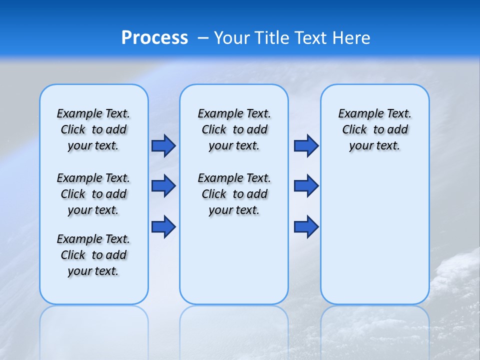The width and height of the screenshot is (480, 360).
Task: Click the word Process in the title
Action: pyautogui.click(x=154, y=38)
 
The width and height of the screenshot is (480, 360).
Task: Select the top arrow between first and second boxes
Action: pyautogui.click(x=163, y=146)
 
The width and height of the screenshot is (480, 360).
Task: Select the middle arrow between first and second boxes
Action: pyautogui.click(x=163, y=186)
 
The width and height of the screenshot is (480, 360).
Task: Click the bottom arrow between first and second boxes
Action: pyautogui.click(x=163, y=226)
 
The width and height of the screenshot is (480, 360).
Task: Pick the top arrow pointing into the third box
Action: pyautogui.click(x=306, y=146)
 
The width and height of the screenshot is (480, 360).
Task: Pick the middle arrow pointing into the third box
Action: pyautogui.click(x=306, y=186)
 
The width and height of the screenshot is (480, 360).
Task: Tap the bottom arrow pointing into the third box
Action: pyautogui.click(x=306, y=226)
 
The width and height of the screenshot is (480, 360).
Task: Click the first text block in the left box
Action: pyautogui.click(x=93, y=129)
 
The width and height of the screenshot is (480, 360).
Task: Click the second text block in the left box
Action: pyautogui.click(x=93, y=194)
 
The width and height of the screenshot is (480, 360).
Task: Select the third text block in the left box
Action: pyautogui.click(x=93, y=255)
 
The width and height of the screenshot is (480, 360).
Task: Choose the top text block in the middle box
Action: pyautogui.click(x=234, y=129)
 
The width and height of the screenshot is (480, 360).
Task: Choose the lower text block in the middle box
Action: pyautogui.click(x=234, y=194)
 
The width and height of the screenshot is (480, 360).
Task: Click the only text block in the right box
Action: pyautogui.click(x=374, y=129)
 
